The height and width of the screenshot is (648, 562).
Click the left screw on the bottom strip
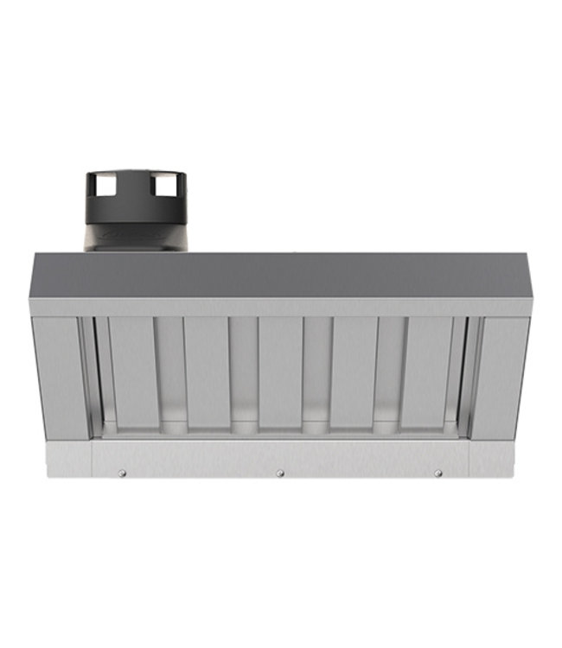pos(122,473)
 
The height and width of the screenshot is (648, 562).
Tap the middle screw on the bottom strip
pos(279,473)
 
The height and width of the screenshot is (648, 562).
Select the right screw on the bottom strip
pos(437,473)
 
